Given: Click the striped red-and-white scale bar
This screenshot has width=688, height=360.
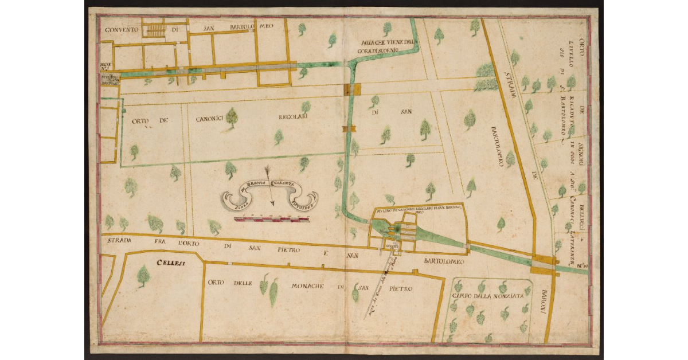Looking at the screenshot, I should (x=273, y=217).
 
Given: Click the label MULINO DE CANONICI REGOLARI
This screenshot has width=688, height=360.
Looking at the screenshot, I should (x=419, y=210).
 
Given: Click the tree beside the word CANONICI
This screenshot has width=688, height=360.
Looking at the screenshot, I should (x=232, y=118).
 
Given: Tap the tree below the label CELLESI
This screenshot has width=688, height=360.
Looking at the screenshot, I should (x=143, y=276).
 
